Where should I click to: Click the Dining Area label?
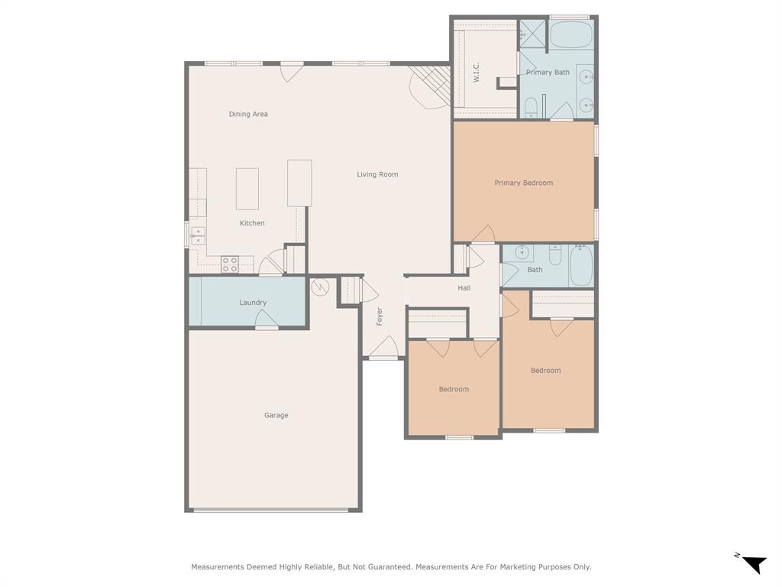click(x=248, y=115)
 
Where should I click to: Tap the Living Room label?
click(x=377, y=175)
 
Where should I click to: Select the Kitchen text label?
click(x=252, y=223)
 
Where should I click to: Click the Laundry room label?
click(x=253, y=303)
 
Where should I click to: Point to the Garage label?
click(x=276, y=416)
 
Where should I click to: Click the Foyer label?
click(x=380, y=316)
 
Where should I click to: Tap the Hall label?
click(x=464, y=288)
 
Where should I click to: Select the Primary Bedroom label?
click(x=523, y=183)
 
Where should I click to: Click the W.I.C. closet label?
click(x=476, y=73)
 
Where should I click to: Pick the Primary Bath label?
click(x=548, y=73)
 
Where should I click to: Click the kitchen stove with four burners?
click(x=230, y=264)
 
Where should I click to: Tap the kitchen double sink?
click(x=198, y=235)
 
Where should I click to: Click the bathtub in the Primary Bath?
click(x=570, y=35)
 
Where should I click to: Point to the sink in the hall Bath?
click(x=522, y=252)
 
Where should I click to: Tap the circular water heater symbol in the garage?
click(x=320, y=287)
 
